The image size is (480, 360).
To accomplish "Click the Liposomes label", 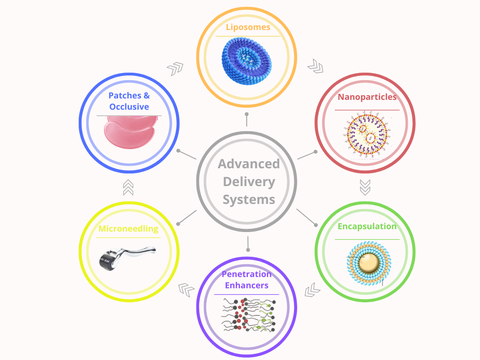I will point(247,27).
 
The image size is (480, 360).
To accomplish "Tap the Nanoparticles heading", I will point(367,97).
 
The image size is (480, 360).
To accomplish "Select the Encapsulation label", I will point(367,226).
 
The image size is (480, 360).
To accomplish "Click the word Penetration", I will point(247,274).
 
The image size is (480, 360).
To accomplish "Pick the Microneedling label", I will point(128,229).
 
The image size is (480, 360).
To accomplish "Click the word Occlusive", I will point(129,107).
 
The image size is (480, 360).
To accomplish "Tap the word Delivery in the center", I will point(248,182).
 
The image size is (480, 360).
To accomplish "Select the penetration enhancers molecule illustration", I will point(247,314).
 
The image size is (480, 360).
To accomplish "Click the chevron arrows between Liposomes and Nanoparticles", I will point(315,66).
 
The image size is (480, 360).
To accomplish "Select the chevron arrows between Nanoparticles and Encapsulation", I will point(365,187).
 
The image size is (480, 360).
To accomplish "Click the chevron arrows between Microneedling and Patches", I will point(128,187).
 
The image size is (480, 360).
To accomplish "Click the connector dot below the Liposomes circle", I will point(247,114).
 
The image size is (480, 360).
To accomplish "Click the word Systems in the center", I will point(248,200).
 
